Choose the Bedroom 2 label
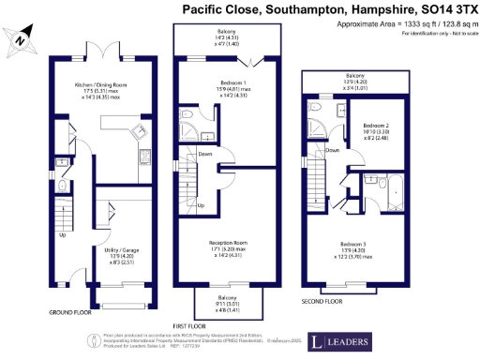click(375, 131)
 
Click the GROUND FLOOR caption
click(69, 311)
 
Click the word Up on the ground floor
click(62, 235)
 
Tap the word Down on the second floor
click(332, 150)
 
